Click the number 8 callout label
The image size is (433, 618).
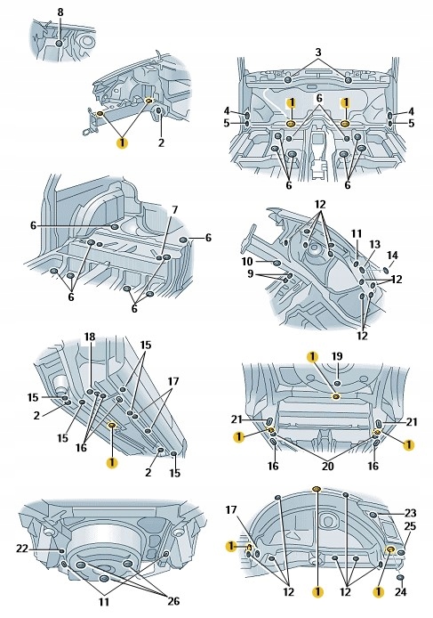[60, 12]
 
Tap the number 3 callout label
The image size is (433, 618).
[318, 52]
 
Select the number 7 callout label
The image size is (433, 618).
[174, 209]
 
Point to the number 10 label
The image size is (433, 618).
[247, 262]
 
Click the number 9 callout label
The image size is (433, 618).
[251, 273]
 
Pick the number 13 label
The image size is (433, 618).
[374, 244]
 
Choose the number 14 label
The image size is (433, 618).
[392, 255]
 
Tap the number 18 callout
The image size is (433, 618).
[90, 337]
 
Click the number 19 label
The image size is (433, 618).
[337, 356]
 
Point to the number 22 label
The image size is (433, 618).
[22, 549]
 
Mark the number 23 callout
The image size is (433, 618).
[410, 513]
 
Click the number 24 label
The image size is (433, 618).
[400, 591]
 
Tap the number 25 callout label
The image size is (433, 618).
[410, 526]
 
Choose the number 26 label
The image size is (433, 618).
[173, 601]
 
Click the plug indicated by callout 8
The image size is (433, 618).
[60, 43]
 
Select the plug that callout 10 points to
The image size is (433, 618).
[277, 263]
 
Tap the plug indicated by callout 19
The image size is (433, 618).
[337, 383]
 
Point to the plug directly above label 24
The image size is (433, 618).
[400, 577]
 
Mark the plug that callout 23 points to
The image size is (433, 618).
[373, 515]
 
